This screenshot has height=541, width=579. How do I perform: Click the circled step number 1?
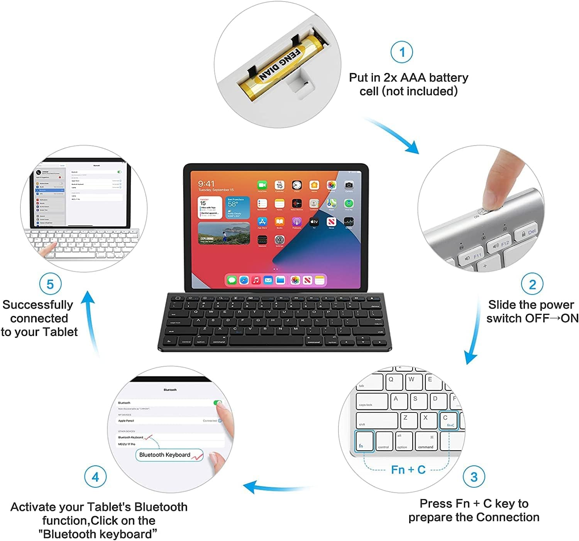pyautogui.click(x=402, y=52)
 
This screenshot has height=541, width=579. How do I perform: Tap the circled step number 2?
pyautogui.click(x=532, y=284)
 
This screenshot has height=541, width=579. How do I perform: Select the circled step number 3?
pyautogui.click(x=474, y=477)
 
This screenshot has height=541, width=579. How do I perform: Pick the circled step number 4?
pyautogui.click(x=95, y=477)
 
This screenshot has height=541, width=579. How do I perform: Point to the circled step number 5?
pyautogui.click(x=50, y=284)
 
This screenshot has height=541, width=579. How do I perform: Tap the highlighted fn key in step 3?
pyautogui.click(x=364, y=441)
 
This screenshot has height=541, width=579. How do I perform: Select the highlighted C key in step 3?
pyautogui.click(x=449, y=420)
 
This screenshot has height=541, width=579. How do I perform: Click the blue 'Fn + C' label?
pyautogui.click(x=408, y=470)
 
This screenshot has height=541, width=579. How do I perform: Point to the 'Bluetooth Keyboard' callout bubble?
pyautogui.click(x=169, y=455)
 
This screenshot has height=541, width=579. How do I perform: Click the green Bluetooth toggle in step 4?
pyautogui.click(x=218, y=403)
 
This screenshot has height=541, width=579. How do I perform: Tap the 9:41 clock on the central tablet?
pyautogui.click(x=206, y=184)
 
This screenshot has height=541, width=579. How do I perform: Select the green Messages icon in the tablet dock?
pyautogui.click(x=232, y=280)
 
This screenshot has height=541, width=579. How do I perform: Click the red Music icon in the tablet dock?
pyautogui.click(x=256, y=280)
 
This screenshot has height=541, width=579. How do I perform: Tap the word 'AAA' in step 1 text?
pyautogui.click(x=413, y=78)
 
